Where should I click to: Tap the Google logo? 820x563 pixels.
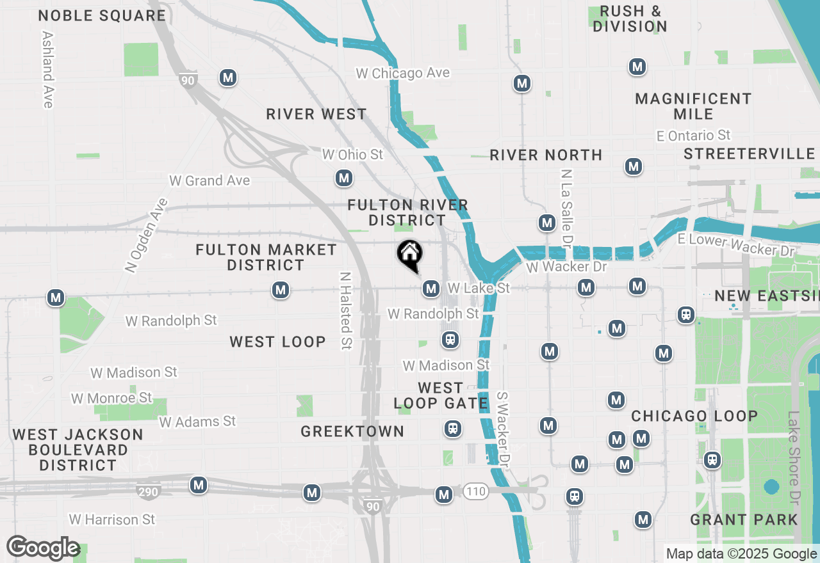(43, 548)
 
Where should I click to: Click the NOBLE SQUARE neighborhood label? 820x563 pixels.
(102, 16)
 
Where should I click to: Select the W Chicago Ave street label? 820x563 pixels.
(402, 73)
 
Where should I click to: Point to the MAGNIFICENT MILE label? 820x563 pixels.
(693, 106)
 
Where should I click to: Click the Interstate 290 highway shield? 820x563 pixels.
(147, 492)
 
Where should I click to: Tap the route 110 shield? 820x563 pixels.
(476, 491)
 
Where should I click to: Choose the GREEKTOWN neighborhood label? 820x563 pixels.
(352, 432)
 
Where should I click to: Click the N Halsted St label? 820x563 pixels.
(346, 312)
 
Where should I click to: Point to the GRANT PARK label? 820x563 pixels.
(744, 519)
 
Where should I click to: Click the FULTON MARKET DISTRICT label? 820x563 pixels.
(266, 257)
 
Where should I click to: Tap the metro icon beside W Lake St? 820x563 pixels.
(430, 289)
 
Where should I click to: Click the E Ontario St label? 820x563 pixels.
(694, 136)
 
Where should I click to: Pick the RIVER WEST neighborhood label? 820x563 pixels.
(316, 115)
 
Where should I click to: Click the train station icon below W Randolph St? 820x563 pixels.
(450, 339)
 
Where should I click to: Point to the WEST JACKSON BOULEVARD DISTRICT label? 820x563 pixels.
(78, 450)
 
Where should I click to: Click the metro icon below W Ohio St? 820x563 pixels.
(344, 178)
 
